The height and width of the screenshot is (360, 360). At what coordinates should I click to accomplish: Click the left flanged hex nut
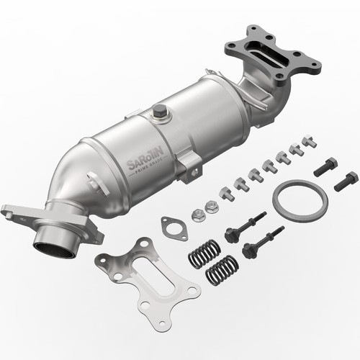click(x=198, y=214)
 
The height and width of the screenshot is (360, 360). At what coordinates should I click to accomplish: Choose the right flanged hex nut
click(x=212, y=207)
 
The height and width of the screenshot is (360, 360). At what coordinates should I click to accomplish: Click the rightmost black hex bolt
click(x=346, y=181)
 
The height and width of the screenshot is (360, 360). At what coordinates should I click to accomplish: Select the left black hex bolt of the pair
click(x=324, y=166)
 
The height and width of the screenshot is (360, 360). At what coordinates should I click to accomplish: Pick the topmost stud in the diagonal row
click(x=308, y=140)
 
